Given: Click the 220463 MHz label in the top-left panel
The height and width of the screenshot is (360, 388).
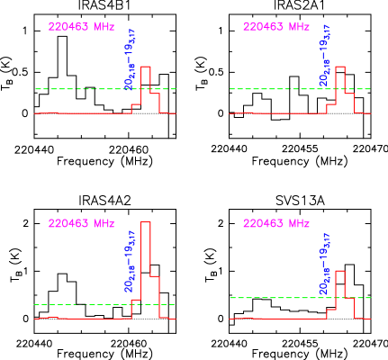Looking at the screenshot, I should tap(81, 27).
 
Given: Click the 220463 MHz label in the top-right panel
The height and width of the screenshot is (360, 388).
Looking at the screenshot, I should tap(276, 27).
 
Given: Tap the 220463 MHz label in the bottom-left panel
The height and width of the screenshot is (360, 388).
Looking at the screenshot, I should tap(81, 223).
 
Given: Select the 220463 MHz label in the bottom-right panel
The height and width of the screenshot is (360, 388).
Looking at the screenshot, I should tap(276, 223).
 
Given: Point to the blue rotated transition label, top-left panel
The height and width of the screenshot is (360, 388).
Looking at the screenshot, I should tap(130, 59).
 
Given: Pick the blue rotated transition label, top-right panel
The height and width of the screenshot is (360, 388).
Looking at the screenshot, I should tap(325, 59).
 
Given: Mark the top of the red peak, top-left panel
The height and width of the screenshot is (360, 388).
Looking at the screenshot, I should tap(146, 67).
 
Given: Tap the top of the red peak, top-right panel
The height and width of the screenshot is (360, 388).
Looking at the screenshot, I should tap(340, 67).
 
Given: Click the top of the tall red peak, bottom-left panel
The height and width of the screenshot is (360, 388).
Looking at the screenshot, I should tap(146, 221).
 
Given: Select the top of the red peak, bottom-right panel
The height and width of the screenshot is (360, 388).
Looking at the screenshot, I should tap(340, 270).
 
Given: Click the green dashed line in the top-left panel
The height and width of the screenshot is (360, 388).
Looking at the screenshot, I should tap(72, 89).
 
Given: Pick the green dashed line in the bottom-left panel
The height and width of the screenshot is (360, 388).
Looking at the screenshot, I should tap(72, 304).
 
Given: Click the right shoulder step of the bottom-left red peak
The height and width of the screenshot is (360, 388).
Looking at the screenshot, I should tap(155, 275).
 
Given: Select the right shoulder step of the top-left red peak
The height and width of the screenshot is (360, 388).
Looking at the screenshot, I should tap(155, 93).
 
